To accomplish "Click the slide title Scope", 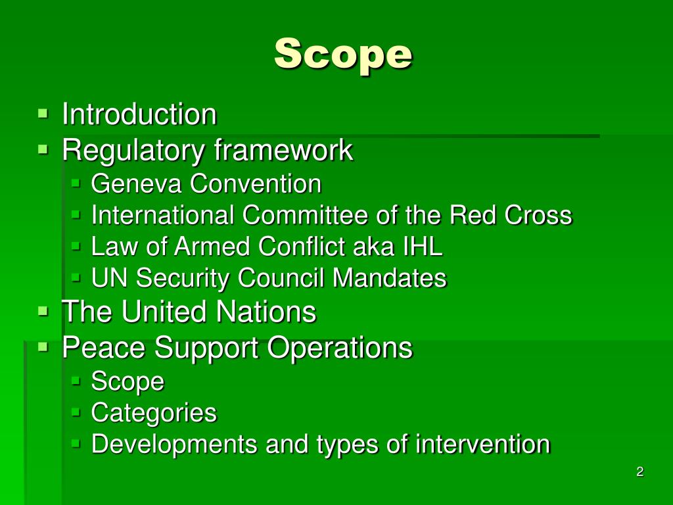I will point(343,53).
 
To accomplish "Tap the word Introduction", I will point(139,114).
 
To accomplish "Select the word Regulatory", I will point(133,151).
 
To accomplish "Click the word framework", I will point(283,151).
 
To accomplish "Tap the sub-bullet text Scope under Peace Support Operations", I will point(128,381).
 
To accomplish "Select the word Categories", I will point(154,413).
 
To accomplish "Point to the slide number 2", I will point(639,471).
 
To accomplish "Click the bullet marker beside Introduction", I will point(43,114).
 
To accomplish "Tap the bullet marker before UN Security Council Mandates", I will point(76,278).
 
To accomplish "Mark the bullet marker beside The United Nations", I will point(43,311).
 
